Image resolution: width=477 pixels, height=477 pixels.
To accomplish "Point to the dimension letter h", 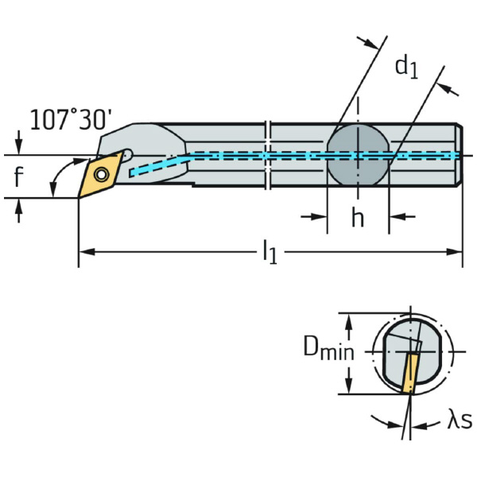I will click(358, 217).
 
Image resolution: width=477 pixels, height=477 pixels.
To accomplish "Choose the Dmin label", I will click(328, 348).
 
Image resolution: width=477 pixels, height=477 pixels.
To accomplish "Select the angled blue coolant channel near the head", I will click(159, 165).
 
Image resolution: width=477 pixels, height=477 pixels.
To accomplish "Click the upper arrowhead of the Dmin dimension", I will click(347, 319).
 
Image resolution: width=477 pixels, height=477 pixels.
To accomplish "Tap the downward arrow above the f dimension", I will click(19, 148).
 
